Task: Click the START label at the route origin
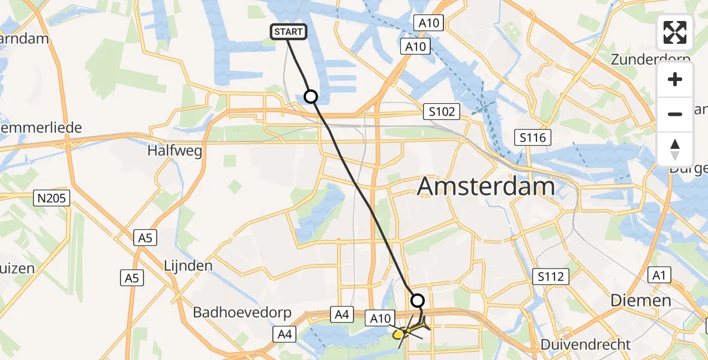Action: coord(289,32)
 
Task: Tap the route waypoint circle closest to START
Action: coord(311,96)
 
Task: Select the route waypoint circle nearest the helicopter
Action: coord(417,300)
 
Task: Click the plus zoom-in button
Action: coord(675,80)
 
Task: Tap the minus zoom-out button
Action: coord(675,114)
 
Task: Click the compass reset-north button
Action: coord(675,149)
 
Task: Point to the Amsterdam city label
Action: coord(485,187)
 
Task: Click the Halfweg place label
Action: coord(175,150)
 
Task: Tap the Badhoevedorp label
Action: coord(242,313)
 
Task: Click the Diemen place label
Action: coord(641,300)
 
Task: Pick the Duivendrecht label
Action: coord(586,344)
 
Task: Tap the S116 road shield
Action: coord(533,138)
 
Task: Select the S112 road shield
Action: coord(550,277)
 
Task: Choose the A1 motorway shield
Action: coord(659,275)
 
